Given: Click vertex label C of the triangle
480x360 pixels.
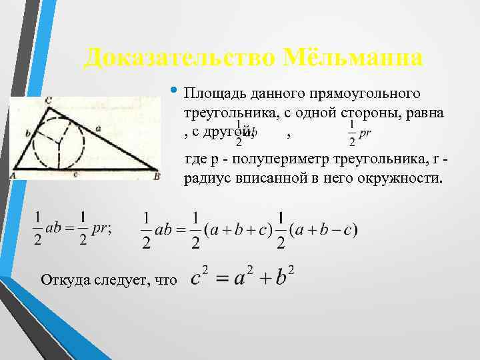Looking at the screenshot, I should [x=49, y=99].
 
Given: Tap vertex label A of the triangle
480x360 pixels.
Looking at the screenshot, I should [x=13, y=176].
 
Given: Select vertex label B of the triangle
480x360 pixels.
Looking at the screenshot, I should [x=156, y=176].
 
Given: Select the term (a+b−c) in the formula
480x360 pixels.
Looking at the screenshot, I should [x=326, y=230].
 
